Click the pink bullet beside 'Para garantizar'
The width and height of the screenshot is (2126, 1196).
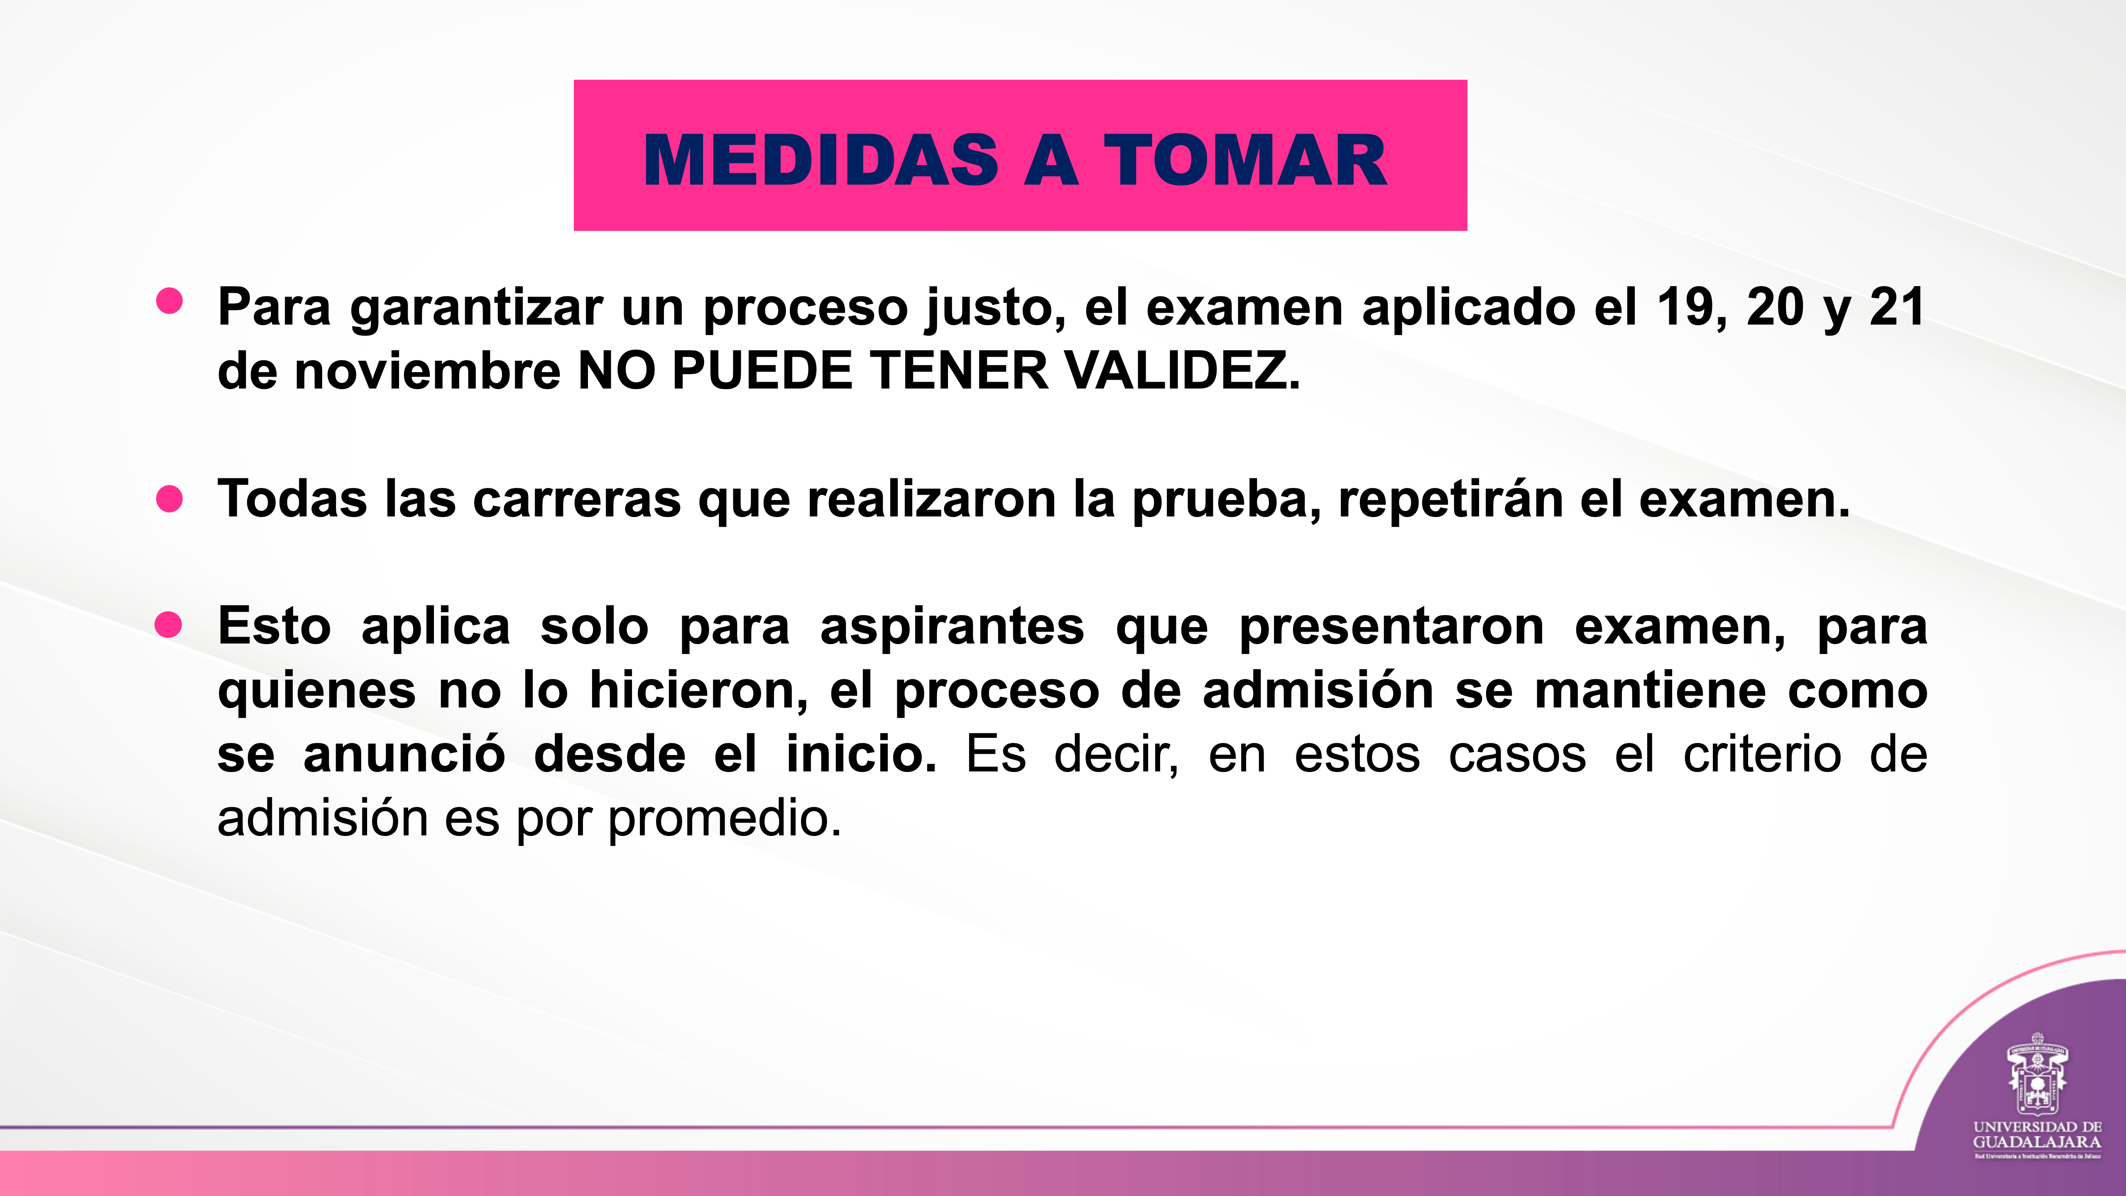click(x=169, y=301)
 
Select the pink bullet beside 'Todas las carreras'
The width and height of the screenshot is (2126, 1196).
click(x=169, y=498)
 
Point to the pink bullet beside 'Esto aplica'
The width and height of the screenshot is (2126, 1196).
click(x=168, y=625)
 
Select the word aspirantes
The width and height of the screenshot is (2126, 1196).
click(x=952, y=627)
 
